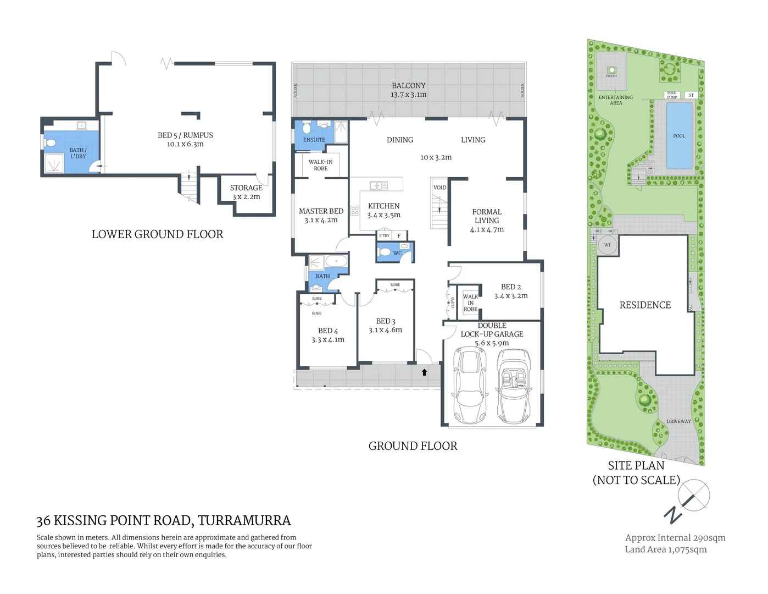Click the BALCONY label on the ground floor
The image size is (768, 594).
(408, 85)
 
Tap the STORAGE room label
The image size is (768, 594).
(246, 188)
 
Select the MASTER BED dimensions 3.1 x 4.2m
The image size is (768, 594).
(321, 220)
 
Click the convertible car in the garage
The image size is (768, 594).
(513, 386)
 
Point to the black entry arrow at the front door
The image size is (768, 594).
(424, 372)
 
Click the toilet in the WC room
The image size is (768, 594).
(385, 252)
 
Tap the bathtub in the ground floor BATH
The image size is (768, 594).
(336, 261)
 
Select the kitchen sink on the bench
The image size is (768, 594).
(379, 186)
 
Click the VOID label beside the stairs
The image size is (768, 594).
(439, 188)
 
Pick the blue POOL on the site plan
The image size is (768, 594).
(679, 136)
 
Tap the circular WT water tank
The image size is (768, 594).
(608, 245)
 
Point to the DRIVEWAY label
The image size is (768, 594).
(678, 421)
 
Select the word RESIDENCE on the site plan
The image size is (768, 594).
(645, 305)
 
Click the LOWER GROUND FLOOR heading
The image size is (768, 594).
(157, 234)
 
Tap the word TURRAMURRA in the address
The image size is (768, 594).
(244, 520)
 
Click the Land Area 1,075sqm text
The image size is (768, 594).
(665, 549)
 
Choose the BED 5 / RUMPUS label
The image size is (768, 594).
(185, 135)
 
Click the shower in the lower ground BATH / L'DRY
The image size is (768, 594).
(54, 163)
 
